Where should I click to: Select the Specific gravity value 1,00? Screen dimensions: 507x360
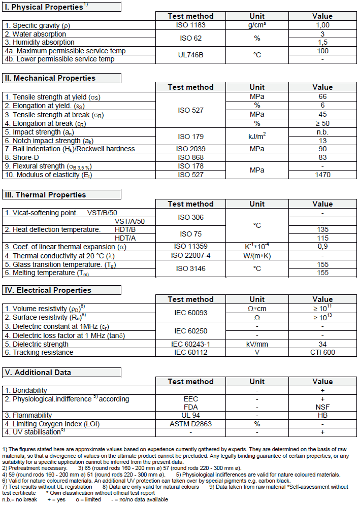click(322, 25)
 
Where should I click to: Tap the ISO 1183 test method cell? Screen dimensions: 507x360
click(190, 25)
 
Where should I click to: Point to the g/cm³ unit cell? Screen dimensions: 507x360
click(257, 25)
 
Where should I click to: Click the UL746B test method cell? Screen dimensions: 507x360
click(190, 55)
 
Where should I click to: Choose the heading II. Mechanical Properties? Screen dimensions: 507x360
click(50, 78)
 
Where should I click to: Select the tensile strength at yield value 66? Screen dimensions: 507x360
click(322, 96)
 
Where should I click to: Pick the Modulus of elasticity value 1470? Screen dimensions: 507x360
click(322, 175)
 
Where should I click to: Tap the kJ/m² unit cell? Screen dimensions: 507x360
click(257, 136)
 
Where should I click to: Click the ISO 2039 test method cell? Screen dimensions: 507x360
click(190, 149)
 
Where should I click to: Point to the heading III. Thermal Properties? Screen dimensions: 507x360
click(45, 195)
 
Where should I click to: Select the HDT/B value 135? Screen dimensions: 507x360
click(322, 229)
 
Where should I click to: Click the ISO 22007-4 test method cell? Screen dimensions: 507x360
click(190, 255)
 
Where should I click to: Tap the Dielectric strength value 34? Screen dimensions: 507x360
click(322, 344)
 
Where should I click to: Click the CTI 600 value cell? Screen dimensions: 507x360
click(322, 352)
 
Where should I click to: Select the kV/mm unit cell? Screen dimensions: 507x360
click(257, 344)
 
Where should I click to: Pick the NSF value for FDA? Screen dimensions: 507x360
click(322, 407)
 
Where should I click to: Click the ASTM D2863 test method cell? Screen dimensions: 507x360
click(190, 423)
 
